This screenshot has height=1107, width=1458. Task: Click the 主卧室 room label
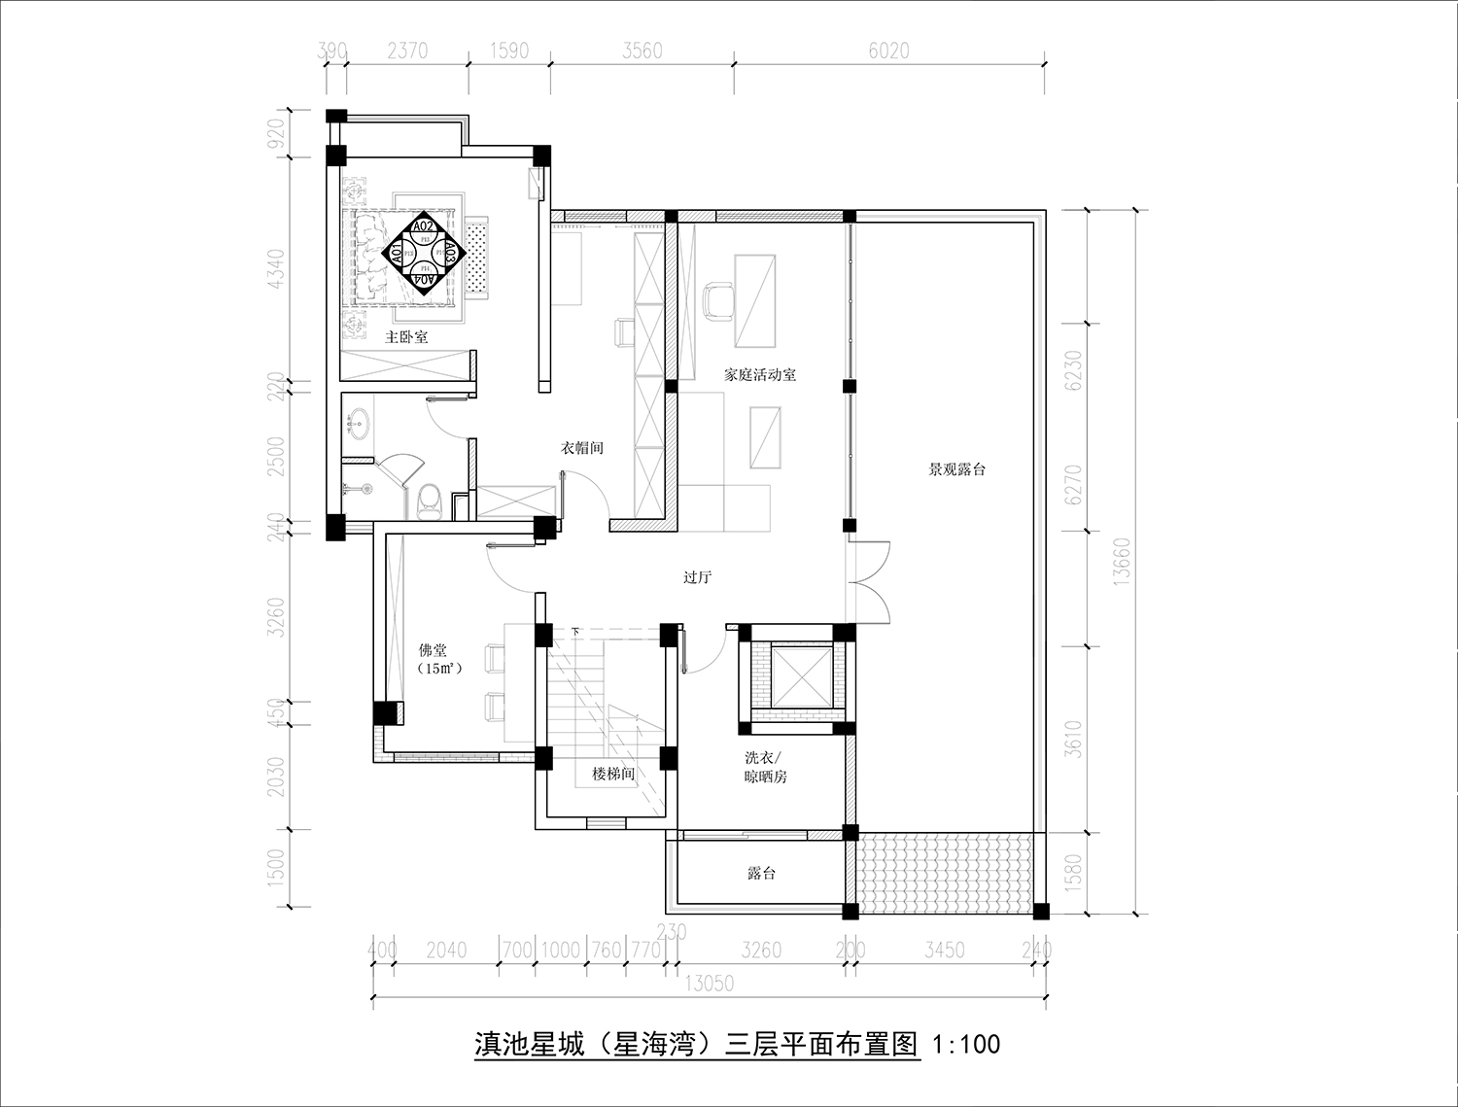[406, 337]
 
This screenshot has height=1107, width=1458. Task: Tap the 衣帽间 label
[581, 448]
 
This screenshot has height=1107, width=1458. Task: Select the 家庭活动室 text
[760, 374]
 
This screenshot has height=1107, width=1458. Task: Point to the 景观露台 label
[956, 469]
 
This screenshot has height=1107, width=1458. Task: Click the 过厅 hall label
[697, 577]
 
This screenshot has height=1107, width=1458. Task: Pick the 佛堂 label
[433, 650]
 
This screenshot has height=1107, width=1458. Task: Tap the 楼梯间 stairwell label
[613, 775]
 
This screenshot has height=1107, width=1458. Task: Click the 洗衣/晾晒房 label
[764, 767]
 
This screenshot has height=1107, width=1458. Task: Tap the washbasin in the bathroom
[358, 423]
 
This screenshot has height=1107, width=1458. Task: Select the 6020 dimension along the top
[888, 51]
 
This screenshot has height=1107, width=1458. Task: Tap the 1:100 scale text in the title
[965, 1046]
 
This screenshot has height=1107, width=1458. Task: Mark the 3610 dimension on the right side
[1073, 740]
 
